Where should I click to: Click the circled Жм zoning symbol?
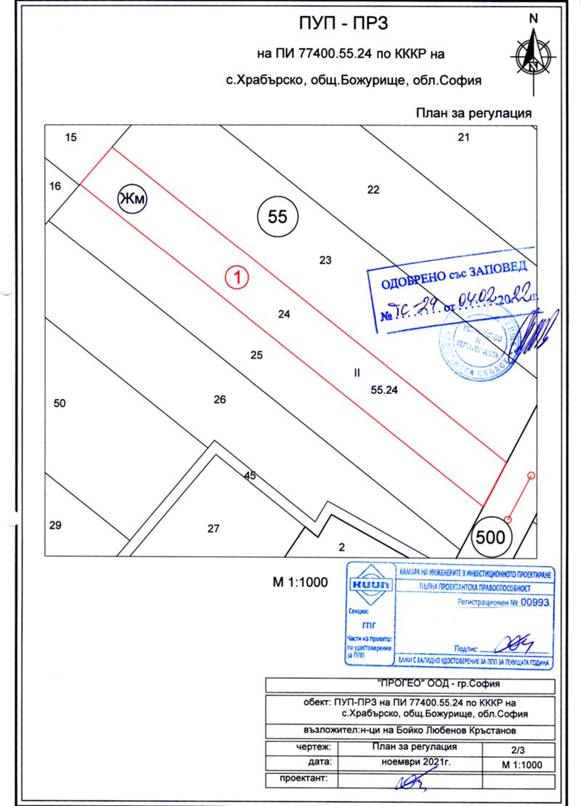coord(133,199)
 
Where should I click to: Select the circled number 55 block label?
coord(279,217)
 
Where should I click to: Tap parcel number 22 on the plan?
coord(373,190)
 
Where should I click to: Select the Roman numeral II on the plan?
coord(356,373)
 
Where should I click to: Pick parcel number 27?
coord(213,528)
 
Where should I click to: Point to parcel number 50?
coord(60,403)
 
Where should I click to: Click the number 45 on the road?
coord(251,476)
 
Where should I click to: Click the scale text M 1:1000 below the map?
coord(300,581)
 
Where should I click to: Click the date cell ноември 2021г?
coord(416,763)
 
